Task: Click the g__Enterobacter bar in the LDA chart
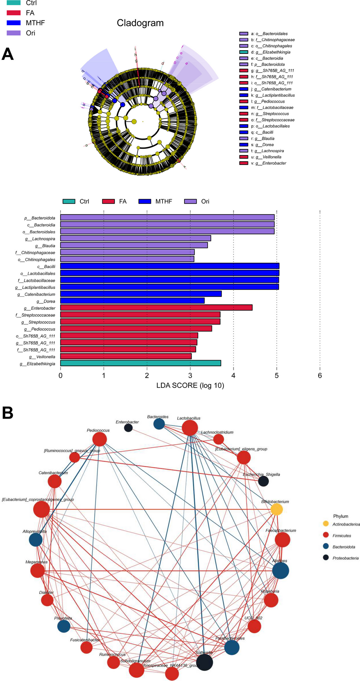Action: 156,308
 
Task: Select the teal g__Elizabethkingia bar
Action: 141,363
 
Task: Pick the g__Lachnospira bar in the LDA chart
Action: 135,238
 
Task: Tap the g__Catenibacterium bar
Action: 141,294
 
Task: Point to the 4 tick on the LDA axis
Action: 234,376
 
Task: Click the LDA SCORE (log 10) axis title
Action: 190,385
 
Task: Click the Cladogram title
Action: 140,23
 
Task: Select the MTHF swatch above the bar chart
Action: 145,201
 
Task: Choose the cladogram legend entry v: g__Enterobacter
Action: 244,163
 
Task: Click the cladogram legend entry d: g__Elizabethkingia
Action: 244,52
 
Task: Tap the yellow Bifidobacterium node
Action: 276,509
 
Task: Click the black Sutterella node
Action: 204,662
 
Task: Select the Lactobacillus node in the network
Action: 190,428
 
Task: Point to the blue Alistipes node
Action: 280,571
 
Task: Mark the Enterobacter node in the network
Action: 128,428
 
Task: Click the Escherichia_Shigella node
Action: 263,481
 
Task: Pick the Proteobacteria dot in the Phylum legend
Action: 326,558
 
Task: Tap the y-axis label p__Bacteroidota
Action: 40,218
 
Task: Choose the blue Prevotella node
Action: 64,626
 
